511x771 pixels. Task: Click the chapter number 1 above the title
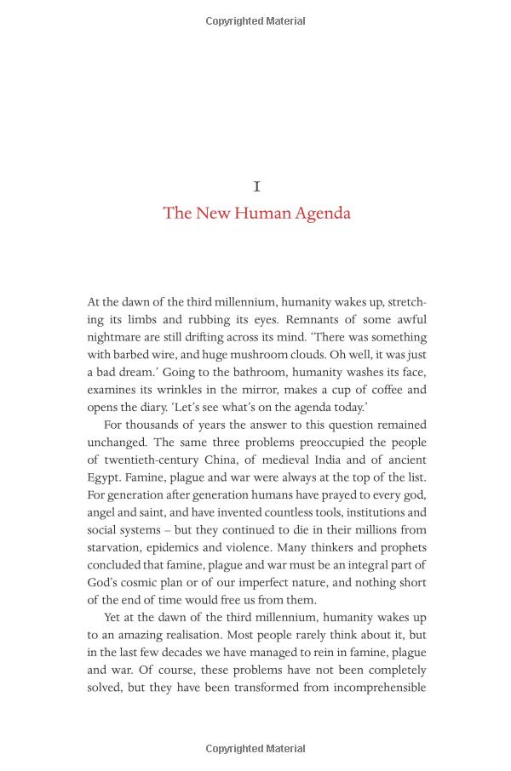[256, 186]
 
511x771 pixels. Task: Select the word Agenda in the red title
[323, 213]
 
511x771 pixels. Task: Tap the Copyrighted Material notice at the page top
[255, 21]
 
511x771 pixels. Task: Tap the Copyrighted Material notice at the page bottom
[255, 749]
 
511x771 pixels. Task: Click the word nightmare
[114, 337]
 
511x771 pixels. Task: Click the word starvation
[116, 547]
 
